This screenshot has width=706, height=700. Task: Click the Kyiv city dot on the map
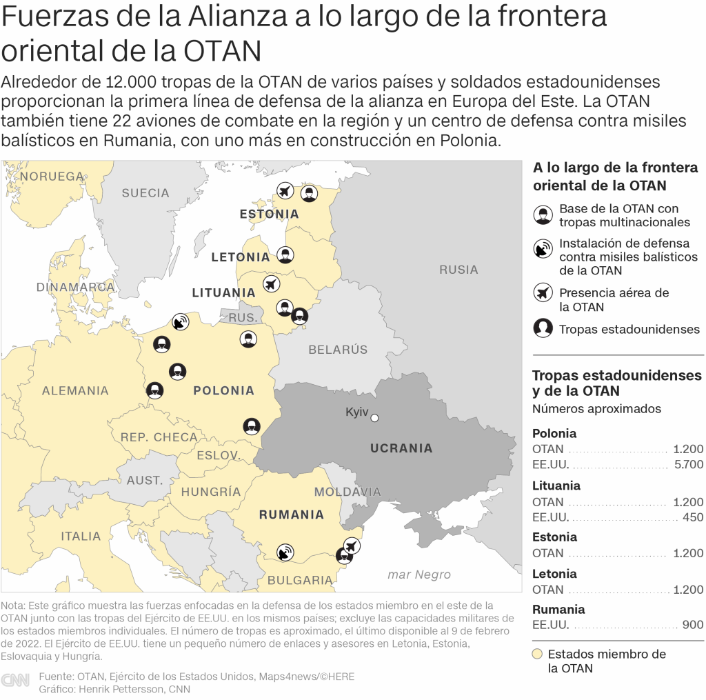[375, 417]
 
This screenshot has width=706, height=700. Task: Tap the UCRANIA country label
[401, 448]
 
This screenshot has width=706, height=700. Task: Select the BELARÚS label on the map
[338, 350]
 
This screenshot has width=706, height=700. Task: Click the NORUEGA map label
[52, 177]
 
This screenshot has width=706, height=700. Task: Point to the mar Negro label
[419, 574]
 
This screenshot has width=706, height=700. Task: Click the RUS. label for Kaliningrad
[243, 318]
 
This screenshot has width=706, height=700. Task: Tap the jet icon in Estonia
[285, 191]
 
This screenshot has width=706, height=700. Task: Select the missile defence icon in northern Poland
[181, 321]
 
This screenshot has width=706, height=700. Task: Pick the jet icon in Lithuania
[271, 283]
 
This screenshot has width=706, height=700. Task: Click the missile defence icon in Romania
[284, 552]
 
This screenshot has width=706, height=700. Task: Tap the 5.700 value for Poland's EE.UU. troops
[687, 465]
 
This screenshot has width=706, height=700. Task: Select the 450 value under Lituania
[692, 517]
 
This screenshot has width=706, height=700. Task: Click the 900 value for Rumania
[692, 625]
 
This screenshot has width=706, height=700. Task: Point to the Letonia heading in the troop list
[554, 574]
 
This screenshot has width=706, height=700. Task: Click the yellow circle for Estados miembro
[538, 654]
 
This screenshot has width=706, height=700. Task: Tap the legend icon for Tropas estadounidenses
[543, 328]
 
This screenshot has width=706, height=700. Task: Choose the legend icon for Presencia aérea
[543, 293]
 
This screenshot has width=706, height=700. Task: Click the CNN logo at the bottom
[15, 680]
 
